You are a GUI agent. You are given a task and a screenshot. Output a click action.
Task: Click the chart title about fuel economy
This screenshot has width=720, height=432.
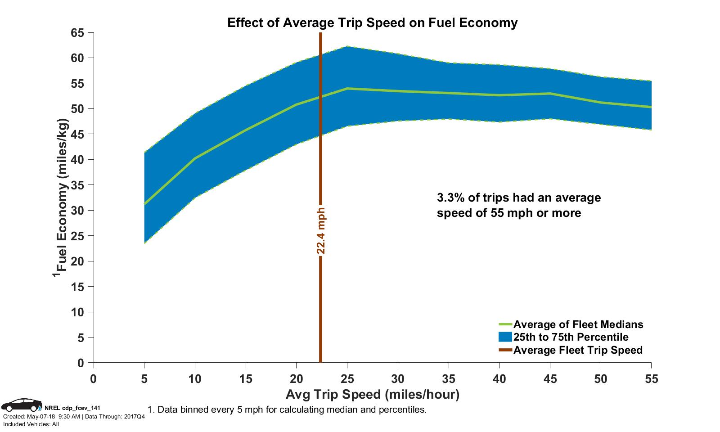pyautogui.click(x=372, y=23)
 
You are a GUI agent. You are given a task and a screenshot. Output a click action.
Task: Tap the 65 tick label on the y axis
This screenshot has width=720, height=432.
pyautogui.click(x=77, y=33)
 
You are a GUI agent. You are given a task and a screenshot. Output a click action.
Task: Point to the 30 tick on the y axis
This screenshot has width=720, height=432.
pyautogui.click(x=77, y=211)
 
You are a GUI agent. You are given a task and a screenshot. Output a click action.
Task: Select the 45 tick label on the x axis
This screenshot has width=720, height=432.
pyautogui.click(x=550, y=379)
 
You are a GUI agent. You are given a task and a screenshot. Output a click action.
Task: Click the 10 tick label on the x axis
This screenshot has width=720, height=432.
pyautogui.click(x=195, y=379)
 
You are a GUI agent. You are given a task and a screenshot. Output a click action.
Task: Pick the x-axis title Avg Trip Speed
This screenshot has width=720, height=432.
pyautogui.click(x=372, y=395)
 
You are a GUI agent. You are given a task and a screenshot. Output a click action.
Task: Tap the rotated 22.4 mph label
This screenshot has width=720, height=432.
pyautogui.click(x=320, y=230)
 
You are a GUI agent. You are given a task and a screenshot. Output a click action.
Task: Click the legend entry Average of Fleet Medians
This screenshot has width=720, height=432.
pyautogui.click(x=578, y=324)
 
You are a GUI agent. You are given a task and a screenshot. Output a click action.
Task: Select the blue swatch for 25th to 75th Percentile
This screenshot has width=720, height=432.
pyautogui.click(x=505, y=337)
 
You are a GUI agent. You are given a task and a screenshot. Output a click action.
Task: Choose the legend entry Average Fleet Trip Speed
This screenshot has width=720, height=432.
pyautogui.click(x=578, y=350)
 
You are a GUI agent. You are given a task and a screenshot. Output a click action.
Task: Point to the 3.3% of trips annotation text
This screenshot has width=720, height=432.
pyautogui.click(x=518, y=205)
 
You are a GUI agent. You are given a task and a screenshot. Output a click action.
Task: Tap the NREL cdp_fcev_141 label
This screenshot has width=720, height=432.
pyautogui.click(x=72, y=408)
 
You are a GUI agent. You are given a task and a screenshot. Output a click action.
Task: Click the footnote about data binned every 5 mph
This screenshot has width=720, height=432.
pyautogui.click(x=286, y=410)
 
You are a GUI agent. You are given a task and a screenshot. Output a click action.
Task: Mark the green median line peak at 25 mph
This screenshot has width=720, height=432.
pyautogui.click(x=347, y=89)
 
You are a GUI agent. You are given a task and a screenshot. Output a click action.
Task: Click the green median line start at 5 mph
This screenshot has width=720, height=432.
pyautogui.click(x=144, y=203)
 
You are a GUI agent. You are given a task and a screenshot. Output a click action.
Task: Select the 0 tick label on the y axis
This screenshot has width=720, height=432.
pyautogui.click(x=81, y=363)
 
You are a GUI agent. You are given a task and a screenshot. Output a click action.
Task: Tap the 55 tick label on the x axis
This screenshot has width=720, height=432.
pyautogui.click(x=651, y=379)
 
